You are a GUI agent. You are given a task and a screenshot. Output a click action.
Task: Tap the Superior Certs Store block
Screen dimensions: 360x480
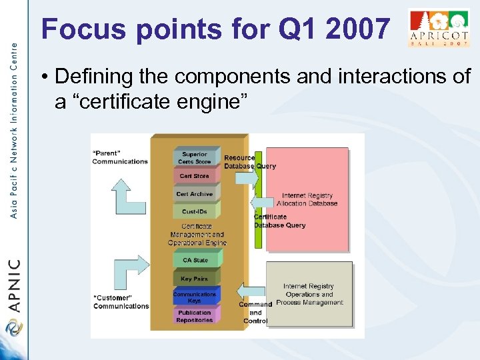pos(195,157)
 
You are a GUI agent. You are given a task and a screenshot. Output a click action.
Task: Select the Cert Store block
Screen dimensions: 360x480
pos(195,176)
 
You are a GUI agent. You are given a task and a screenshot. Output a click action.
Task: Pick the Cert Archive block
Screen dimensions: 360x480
pos(195,194)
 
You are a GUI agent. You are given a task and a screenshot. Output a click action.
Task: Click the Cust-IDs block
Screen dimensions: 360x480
pos(195,212)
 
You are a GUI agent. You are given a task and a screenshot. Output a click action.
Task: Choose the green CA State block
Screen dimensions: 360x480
pos(195,260)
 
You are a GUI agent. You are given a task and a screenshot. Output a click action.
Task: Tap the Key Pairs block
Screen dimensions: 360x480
pos(195,279)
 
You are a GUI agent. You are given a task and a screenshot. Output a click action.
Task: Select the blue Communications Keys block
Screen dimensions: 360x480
pos(195,297)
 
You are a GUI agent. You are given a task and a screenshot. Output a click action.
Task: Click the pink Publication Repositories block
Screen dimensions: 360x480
pos(195,316)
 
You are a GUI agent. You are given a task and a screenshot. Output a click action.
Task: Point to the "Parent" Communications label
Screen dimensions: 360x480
pos(120,157)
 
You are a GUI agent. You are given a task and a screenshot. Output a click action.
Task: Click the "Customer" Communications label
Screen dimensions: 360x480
pos(121,302)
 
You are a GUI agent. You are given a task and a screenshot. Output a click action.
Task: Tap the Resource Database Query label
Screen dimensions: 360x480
pos(249,162)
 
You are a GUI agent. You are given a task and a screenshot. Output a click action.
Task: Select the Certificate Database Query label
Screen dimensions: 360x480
pos(279,221)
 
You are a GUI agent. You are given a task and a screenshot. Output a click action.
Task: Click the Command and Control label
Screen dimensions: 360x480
pos(255,313)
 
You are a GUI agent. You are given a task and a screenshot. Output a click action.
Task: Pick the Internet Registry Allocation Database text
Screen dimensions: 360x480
pos(307,199)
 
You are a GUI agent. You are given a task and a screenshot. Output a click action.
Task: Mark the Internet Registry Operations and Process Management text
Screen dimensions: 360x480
pos(309,294)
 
